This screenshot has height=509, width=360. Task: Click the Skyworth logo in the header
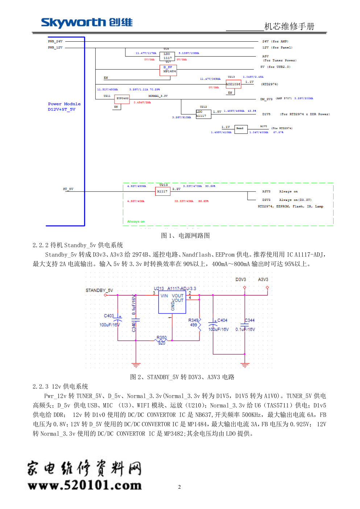tap(87, 23)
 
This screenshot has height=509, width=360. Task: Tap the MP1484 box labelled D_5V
tap(168, 70)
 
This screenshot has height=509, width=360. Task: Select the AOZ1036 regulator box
tap(233, 84)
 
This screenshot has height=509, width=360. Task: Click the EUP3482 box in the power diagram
tap(122, 99)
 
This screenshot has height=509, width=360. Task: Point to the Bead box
tap(241, 129)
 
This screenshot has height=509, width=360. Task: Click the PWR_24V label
tap(55, 41)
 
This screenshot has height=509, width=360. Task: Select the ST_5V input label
tap(68, 189)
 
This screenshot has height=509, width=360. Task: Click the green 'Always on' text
tap(136, 222)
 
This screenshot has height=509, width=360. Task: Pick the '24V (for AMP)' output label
tap(275, 41)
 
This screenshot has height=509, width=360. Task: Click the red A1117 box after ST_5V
tap(162, 191)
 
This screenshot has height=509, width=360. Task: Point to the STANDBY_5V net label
tap(99, 290)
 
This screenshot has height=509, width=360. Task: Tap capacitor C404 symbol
tap(213, 323)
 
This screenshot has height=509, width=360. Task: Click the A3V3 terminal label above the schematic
tap(263, 280)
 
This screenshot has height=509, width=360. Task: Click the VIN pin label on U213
tap(164, 296)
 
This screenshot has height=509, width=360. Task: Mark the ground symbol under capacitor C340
tap(136, 365)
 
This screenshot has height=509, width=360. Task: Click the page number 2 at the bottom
tap(179, 487)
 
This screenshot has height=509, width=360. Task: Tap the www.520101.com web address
tap(85, 485)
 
